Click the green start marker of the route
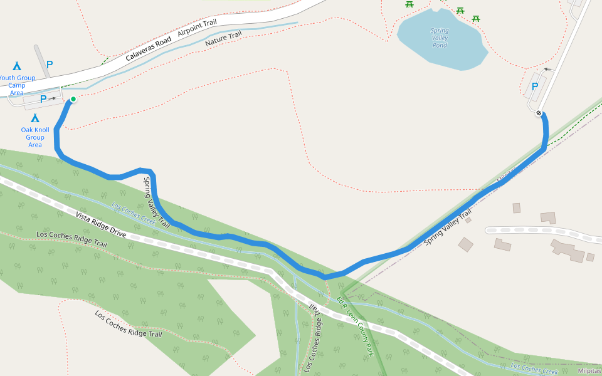(73, 99)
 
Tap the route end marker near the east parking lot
(539, 113)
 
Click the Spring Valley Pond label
(440, 38)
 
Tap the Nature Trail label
(223, 39)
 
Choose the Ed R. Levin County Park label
(355, 326)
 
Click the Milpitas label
(589, 371)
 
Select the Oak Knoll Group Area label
(35, 137)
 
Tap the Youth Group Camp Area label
(16, 85)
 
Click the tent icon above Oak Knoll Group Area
(35, 118)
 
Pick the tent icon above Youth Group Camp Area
(16, 65)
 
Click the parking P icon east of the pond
(535, 87)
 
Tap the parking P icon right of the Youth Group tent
(50, 64)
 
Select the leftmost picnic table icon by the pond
(409, 4)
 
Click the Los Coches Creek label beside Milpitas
(534, 368)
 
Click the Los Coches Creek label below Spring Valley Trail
(134, 212)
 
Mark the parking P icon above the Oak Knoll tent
(43, 98)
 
